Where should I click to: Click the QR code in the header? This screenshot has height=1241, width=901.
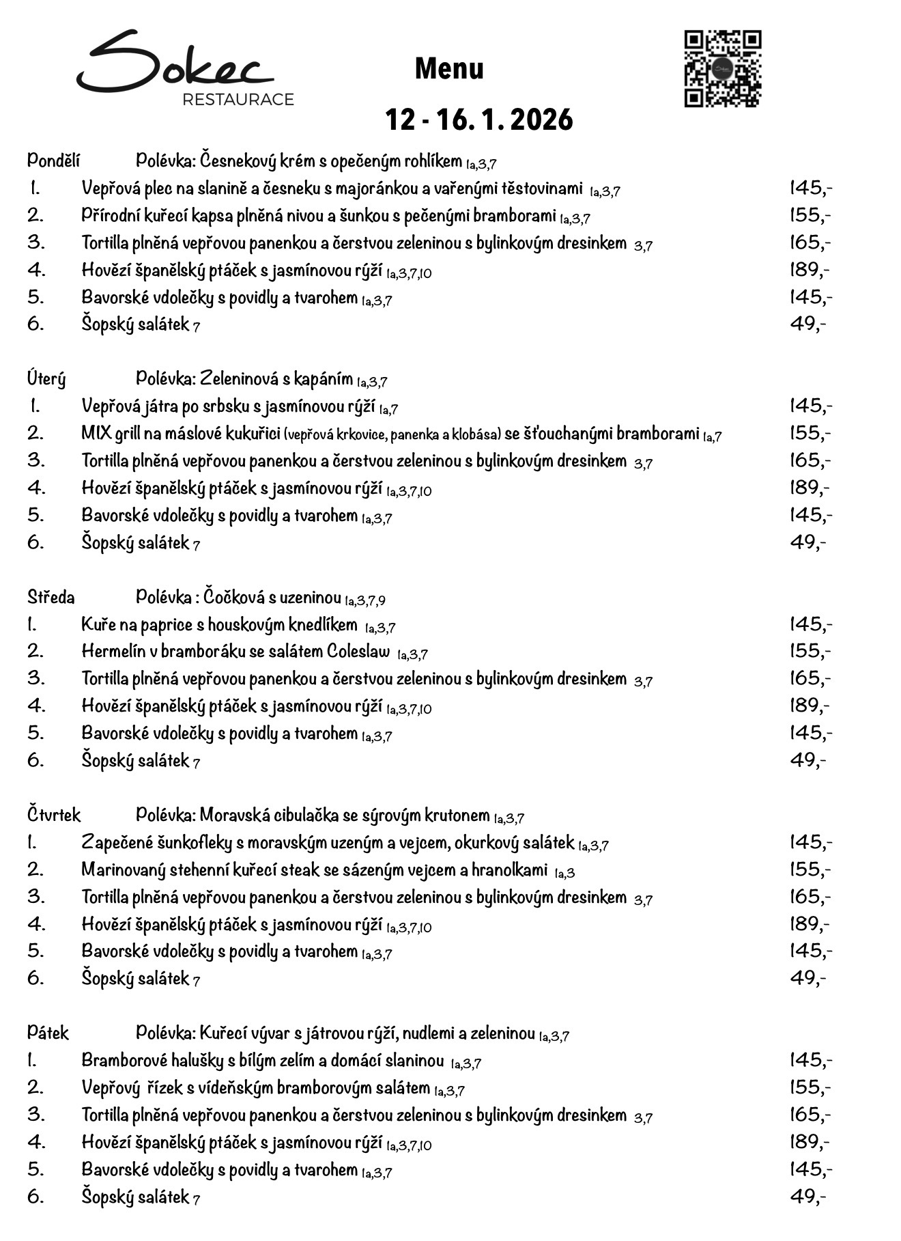point(722,69)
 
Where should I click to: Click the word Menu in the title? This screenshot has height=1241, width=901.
point(449,68)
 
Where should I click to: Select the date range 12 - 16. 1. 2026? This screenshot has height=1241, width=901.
point(478,120)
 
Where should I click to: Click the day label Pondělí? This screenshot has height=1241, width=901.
point(53,161)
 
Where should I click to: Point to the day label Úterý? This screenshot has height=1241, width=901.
point(46,378)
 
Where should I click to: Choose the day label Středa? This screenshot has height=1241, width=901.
point(51,597)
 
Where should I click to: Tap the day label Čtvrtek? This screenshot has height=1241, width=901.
point(54,815)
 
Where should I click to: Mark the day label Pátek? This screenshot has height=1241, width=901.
point(48,1033)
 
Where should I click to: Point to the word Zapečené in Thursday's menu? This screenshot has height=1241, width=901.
point(116,842)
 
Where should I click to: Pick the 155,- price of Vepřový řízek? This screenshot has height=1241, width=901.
point(810,1087)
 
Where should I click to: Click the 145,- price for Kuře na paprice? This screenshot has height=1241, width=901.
point(811,624)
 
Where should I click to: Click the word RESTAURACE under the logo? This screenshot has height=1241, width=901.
point(238,100)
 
